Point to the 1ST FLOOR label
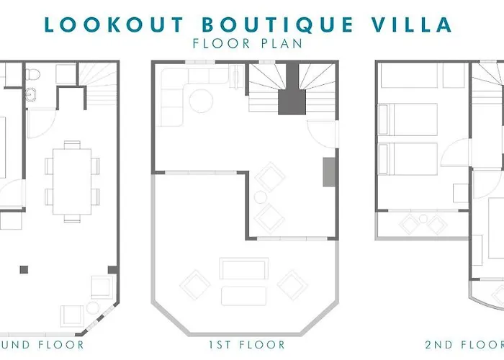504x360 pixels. (247, 345)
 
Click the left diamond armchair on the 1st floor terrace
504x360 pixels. (194, 284)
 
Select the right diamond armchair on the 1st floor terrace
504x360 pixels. (293, 284)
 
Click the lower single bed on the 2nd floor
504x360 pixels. (409, 158)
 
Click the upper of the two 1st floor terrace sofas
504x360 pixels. (244, 269)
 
